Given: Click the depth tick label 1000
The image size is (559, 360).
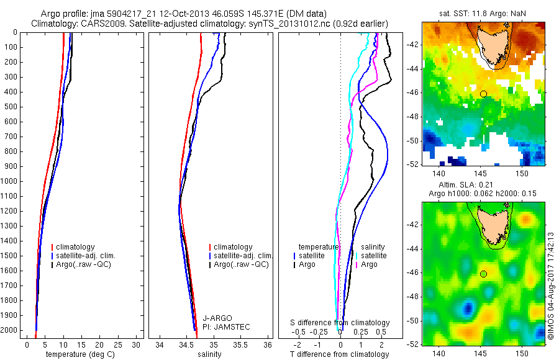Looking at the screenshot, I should coord(11,181).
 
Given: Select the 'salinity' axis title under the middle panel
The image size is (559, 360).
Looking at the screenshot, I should coord(209,354).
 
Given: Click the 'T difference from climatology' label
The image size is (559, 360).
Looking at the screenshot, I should coord(339,354).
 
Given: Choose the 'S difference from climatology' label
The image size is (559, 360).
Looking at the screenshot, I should coord(340,323).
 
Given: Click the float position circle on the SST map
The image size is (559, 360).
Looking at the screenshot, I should coord(483,94).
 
